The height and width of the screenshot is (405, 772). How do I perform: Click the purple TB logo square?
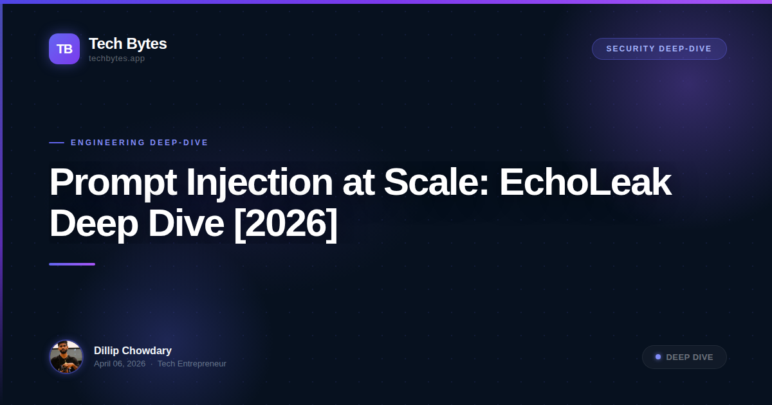(64, 49)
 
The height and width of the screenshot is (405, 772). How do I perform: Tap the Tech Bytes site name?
(127, 44)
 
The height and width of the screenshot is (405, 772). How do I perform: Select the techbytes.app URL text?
(116, 59)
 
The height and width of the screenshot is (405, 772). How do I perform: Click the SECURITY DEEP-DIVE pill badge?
(659, 49)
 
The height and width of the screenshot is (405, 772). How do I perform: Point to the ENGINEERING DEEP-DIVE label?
(140, 143)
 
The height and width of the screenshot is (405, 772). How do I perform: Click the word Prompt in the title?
(113, 183)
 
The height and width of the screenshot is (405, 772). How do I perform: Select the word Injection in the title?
(257, 183)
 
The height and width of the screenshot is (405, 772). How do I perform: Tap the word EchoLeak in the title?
(585, 183)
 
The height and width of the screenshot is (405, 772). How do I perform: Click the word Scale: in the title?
(436, 183)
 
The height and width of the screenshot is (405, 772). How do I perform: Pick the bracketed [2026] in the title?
(285, 224)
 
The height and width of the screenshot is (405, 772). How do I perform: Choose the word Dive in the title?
(189, 224)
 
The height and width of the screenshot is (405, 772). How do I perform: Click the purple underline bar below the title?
(72, 264)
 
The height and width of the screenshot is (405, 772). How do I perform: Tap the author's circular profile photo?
(66, 357)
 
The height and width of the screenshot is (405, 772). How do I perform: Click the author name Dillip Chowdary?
(133, 351)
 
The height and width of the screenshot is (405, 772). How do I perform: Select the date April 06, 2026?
(120, 364)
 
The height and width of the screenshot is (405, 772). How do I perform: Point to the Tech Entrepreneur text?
(192, 364)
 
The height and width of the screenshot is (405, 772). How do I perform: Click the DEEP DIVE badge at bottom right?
(684, 357)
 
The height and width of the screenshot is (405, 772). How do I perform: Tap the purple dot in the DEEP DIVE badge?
(658, 357)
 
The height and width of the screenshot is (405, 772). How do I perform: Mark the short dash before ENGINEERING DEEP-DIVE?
(57, 143)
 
